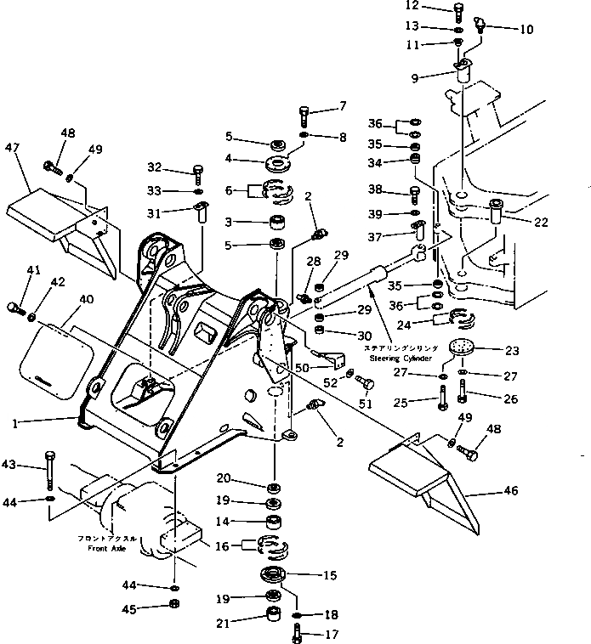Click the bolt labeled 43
click(x=50, y=472)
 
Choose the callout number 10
click(x=526, y=30)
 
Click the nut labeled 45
click(x=173, y=605)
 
